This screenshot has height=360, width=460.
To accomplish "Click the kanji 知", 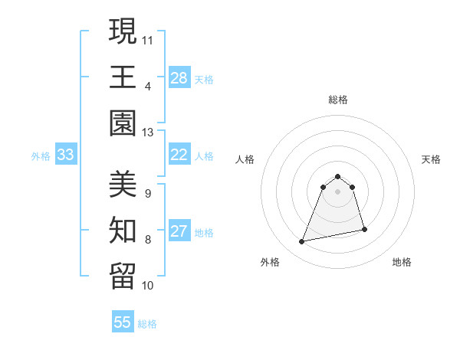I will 123,228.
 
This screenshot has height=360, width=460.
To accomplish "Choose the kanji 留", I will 123,273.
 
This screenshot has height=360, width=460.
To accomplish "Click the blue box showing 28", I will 179,79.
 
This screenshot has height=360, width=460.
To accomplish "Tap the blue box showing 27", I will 179,232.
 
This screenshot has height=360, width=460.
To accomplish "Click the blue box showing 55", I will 123,323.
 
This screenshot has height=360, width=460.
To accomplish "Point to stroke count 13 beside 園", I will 148,133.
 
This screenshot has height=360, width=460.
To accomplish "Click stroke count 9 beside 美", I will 148,194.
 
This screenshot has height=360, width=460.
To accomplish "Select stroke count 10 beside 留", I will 148,286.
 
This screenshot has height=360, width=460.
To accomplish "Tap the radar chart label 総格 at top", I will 338,100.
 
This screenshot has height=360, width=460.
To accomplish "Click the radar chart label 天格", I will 432,159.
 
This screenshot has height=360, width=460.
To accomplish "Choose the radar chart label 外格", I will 270,262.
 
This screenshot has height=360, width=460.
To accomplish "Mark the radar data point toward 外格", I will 302,242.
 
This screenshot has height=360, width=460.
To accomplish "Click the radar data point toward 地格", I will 364,229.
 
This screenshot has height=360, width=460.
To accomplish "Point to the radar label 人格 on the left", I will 245,159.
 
